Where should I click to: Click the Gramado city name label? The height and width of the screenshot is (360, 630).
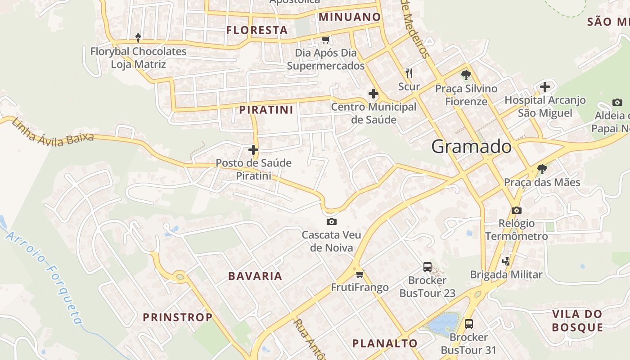point(471,147)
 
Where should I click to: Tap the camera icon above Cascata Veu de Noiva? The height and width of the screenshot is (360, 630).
point(332,221)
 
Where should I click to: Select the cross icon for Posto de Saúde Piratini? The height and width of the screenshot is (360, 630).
point(253,149)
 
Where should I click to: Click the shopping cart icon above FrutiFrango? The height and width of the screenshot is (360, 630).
point(359,274)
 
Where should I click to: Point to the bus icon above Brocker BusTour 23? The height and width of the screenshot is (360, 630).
point(427,267)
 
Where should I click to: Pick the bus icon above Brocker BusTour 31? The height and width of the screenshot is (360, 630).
point(468,324)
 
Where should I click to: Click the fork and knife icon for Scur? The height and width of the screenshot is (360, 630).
point(409,73)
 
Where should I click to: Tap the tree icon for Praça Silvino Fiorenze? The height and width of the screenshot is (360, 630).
point(466,75)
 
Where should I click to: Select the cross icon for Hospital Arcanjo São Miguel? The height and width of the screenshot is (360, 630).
point(545,86)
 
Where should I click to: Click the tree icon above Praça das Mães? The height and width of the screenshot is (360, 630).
point(542,169)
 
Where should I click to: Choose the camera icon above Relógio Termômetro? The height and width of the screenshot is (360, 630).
point(517,210)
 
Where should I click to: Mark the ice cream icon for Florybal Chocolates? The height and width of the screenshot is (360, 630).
point(138,38)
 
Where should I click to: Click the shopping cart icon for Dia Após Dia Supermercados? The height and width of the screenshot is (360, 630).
point(325,40)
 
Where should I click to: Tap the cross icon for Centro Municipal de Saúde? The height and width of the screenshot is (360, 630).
point(373,94)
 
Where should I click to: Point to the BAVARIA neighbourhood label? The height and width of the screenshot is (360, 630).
point(255,276)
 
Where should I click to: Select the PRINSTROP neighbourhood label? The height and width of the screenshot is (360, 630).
point(178,317)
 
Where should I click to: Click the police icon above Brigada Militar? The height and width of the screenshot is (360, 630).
point(506,261)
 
